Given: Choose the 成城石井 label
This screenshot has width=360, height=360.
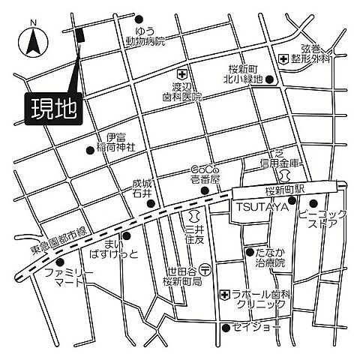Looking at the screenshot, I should tap(142, 187).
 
